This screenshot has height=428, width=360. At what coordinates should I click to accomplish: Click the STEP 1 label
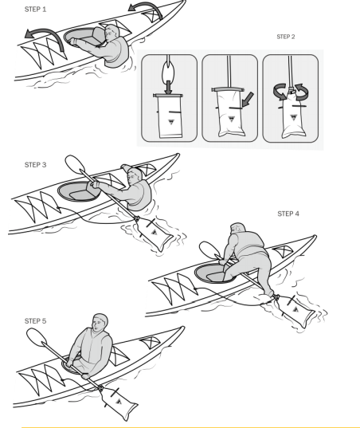click(x=36, y=10)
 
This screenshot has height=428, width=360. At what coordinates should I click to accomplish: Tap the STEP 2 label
click(x=286, y=37)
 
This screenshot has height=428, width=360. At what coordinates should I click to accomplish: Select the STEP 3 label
click(x=36, y=165)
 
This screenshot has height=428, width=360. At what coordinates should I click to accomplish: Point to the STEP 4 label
click(x=288, y=214)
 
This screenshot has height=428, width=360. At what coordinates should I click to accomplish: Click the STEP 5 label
click(x=36, y=321)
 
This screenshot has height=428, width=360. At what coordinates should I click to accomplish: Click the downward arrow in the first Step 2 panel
click(x=169, y=88)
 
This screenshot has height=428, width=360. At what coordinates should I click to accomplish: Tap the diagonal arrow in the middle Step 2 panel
click(x=248, y=100)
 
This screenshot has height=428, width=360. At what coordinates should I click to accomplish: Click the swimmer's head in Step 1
click(x=112, y=32)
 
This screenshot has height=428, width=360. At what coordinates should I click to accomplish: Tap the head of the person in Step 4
click(x=237, y=229)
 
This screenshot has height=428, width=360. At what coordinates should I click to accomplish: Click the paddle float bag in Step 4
click(x=295, y=310)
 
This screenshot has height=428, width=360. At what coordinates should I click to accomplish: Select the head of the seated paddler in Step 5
click(x=100, y=322)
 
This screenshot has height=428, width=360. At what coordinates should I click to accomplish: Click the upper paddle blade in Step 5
click(x=37, y=336)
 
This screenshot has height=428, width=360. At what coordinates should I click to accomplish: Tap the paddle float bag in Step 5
click(x=118, y=402)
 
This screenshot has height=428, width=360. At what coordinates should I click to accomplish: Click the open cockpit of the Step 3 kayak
click(x=79, y=191)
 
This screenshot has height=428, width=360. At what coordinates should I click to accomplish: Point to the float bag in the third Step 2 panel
click(x=293, y=115)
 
